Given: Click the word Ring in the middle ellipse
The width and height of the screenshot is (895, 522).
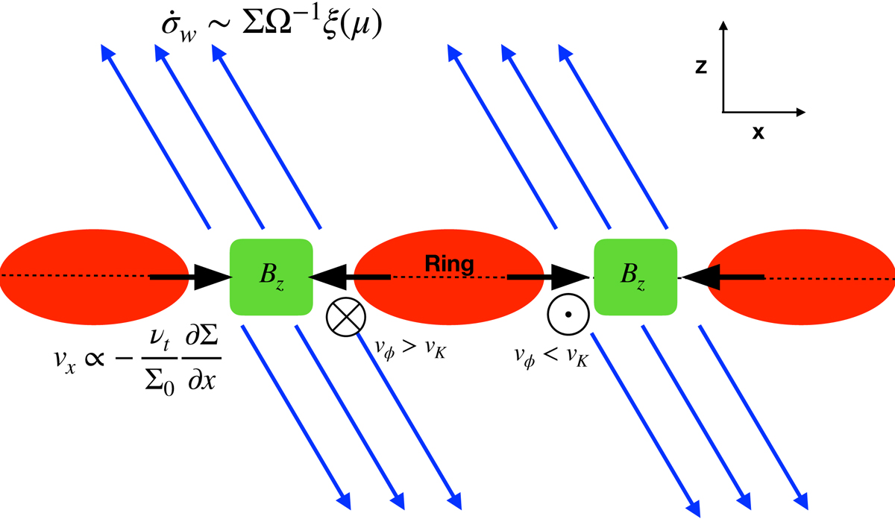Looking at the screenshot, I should tap(447, 262).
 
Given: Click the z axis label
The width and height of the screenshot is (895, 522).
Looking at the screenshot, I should tap(700, 67).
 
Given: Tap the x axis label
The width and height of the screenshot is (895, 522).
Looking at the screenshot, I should tap(757, 133).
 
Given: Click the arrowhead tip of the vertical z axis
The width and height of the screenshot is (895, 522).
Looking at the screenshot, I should tap(723, 24).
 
